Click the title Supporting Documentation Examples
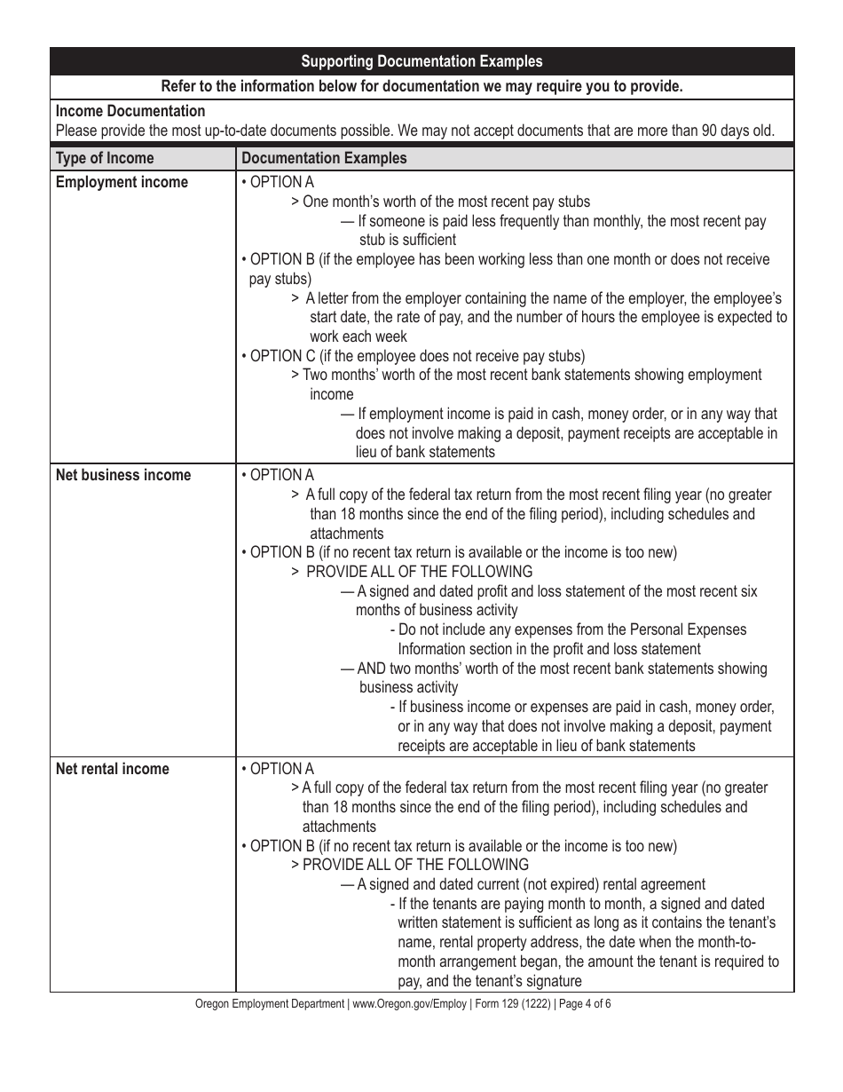click(421, 61)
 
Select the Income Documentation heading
click(130, 111)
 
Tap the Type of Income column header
click(105, 158)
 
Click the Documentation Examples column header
click(324, 158)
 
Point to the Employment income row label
click(122, 182)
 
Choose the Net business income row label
click(123, 475)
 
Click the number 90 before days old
click(684, 131)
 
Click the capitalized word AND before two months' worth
click(372, 669)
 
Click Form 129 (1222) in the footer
click(511, 1004)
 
